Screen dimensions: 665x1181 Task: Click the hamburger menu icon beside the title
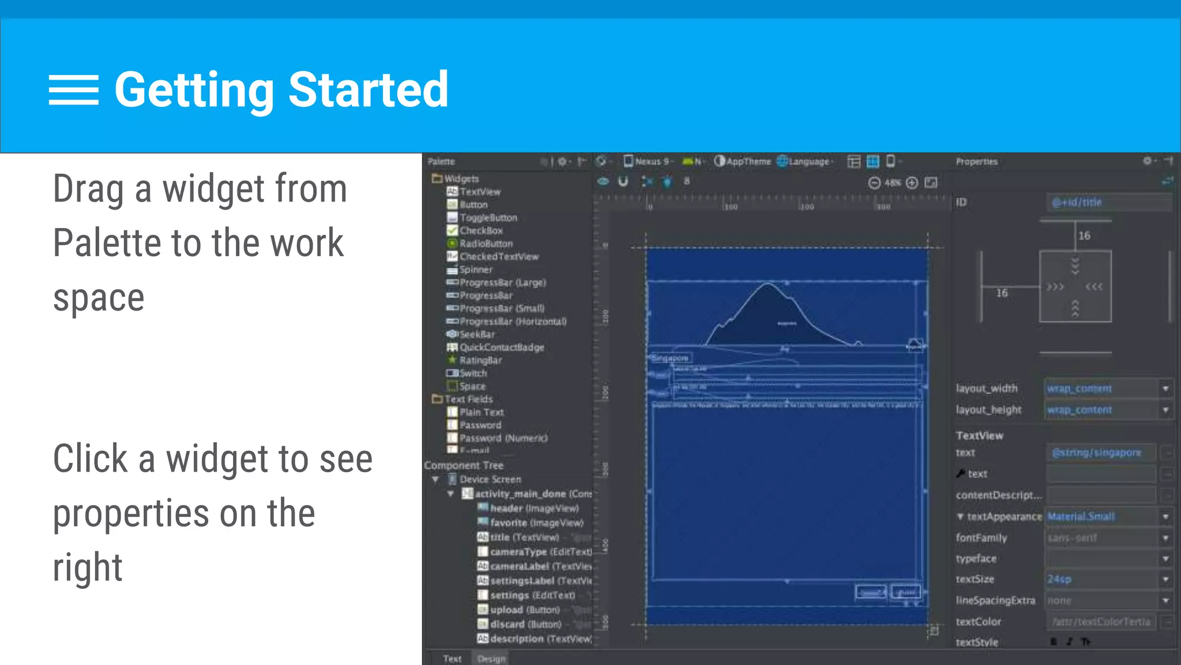point(73,90)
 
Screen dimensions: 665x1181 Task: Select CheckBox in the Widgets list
point(480,230)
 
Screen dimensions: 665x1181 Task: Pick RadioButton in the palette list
point(486,244)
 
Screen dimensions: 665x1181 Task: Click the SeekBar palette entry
point(476,334)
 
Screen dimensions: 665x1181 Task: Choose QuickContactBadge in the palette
point(501,347)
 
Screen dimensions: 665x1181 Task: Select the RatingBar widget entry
point(480,360)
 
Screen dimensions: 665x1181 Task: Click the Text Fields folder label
point(468,399)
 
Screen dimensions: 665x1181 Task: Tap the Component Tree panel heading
point(464,465)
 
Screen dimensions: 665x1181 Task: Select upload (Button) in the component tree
point(524,610)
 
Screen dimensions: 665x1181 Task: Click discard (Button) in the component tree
point(525,624)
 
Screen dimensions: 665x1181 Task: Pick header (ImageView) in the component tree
point(534,508)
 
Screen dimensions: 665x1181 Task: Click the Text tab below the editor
point(452,659)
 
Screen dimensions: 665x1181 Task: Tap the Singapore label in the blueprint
point(670,358)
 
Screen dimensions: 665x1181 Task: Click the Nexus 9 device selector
point(648,162)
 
